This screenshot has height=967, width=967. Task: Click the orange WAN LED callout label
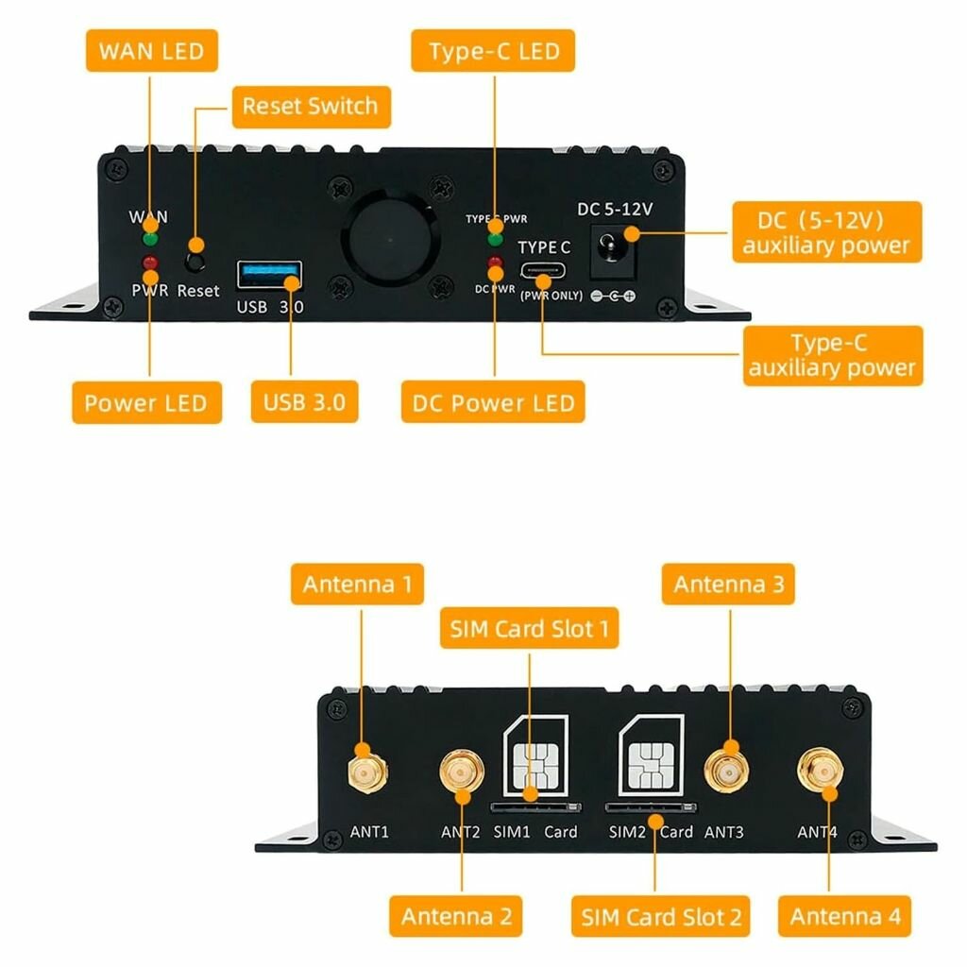tap(152, 51)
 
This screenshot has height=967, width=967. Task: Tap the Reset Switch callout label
tap(311, 107)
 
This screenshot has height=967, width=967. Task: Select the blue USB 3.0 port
tap(269, 275)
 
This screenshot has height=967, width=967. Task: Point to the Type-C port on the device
tap(543, 271)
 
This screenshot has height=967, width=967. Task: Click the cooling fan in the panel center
tap(390, 239)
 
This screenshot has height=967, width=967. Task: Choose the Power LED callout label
tap(146, 402)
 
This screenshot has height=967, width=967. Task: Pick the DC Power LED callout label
tap(493, 402)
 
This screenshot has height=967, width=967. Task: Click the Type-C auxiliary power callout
tap(833, 356)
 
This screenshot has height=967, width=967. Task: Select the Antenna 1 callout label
tap(357, 584)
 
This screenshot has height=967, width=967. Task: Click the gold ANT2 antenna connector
tap(461, 772)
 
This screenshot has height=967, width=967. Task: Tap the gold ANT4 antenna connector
tap(821, 771)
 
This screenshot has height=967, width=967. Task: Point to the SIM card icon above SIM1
tap(535, 756)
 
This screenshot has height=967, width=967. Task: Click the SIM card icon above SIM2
tap(652, 755)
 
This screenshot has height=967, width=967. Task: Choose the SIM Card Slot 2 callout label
tap(660, 916)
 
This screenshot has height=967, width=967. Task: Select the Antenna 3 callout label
tap(728, 584)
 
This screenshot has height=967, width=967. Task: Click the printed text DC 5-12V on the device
tap(614, 210)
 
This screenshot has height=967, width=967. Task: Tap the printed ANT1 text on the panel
tap(369, 832)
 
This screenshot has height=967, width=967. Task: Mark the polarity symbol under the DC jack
tap(613, 296)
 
